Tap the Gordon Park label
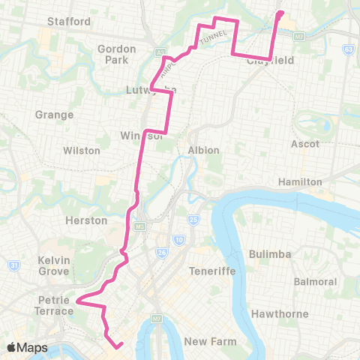[115, 53]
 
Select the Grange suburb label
[54, 115]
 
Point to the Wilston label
[82, 150]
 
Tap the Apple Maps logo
[27, 347]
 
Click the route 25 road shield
[193, 220]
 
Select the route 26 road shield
[161, 252]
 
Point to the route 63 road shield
[348, 49]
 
